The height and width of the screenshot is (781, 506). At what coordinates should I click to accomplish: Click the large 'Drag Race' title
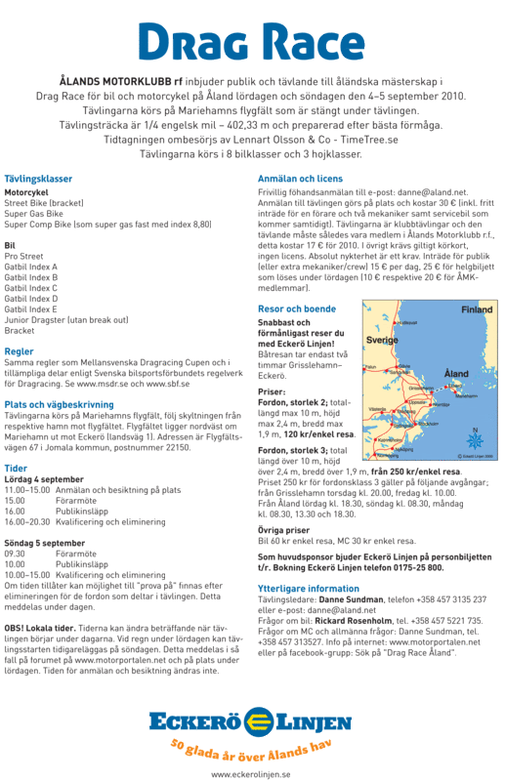click(x=253, y=40)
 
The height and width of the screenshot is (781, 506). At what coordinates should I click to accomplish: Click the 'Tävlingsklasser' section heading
click(x=38, y=180)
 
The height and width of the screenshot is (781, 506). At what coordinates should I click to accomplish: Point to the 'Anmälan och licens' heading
click(x=300, y=180)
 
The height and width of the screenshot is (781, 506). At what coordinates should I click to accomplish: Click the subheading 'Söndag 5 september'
click(x=45, y=542)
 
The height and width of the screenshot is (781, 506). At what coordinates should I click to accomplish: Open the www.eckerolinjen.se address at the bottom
click(x=251, y=771)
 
